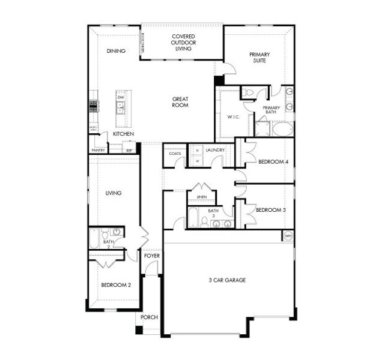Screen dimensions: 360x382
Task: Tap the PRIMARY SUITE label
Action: (259, 58)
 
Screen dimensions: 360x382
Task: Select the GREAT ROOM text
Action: (180, 102)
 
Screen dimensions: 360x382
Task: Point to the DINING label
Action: (116, 51)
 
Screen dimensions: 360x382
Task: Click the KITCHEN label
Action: (123, 134)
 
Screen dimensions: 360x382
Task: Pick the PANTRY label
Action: (97, 150)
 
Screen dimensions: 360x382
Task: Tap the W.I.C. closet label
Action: (234, 116)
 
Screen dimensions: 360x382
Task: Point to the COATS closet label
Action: (175, 154)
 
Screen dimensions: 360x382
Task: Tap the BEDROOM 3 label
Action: (270, 210)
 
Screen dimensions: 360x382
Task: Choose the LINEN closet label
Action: (203, 196)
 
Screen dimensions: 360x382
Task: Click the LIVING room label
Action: (114, 193)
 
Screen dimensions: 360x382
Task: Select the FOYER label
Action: (152, 256)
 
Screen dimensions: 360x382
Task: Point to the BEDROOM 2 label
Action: (115, 285)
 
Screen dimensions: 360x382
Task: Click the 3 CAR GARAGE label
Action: (227, 280)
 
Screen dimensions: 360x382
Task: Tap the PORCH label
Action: (149, 317)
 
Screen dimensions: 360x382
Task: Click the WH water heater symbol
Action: (288, 235)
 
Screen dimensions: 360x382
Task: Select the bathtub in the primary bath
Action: (282, 129)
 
